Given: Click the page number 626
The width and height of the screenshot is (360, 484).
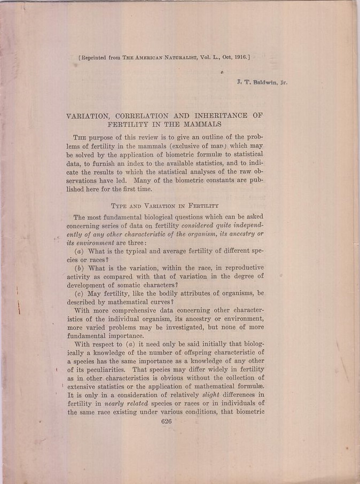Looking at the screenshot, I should point(166,421).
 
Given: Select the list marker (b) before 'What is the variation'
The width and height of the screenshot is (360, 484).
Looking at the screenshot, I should point(79,267).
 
